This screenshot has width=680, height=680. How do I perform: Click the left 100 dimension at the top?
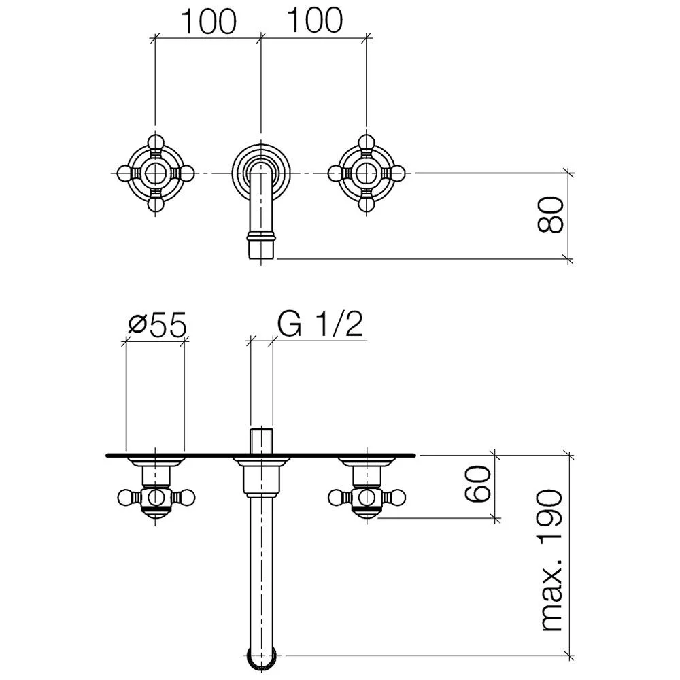[208, 21]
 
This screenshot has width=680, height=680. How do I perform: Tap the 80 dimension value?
[550, 214]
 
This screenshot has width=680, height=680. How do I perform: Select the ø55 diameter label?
[158, 324]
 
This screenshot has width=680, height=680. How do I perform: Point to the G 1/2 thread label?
[320, 324]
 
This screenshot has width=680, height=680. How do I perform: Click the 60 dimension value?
[477, 483]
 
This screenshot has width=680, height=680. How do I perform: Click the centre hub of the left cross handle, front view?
[155, 173]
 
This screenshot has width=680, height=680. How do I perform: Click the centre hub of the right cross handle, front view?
[367, 173]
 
